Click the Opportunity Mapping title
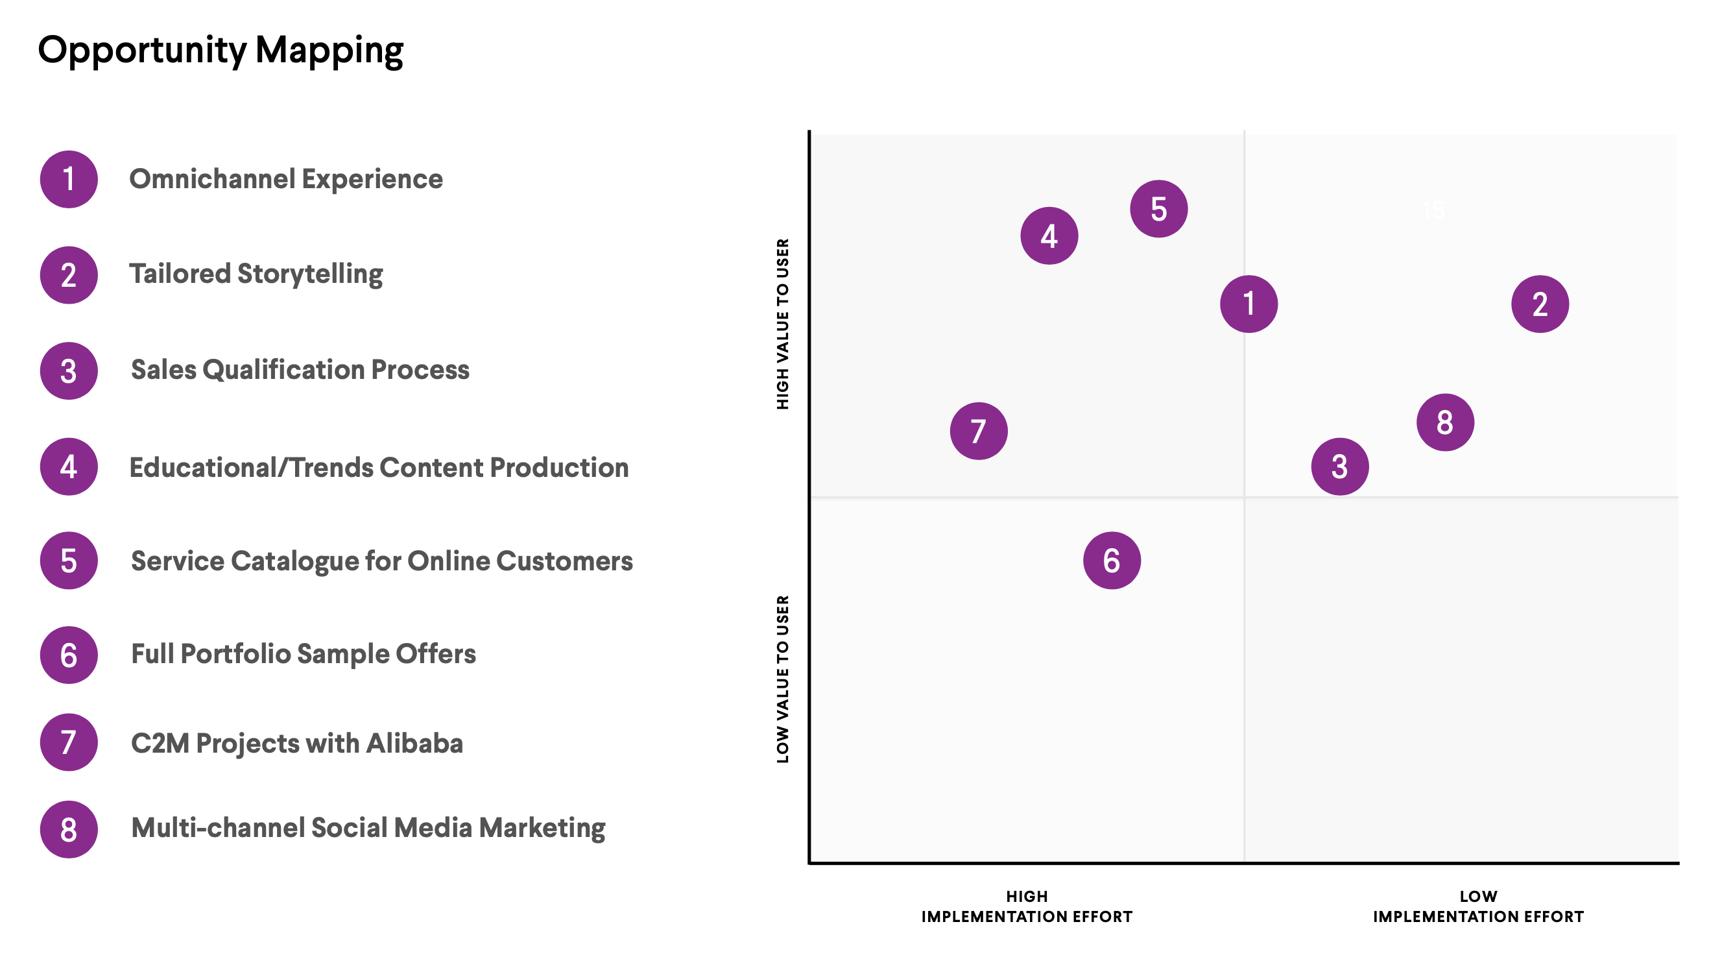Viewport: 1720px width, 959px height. pos(221,51)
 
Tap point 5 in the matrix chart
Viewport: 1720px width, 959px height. pos(1158,209)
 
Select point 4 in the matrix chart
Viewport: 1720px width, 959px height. pos(1049,236)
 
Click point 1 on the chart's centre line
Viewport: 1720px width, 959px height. pos(1248,304)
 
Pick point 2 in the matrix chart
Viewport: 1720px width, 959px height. pos(1540,304)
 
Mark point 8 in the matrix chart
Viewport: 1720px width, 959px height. pos(1445,422)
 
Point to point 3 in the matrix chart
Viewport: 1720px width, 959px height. pos(1339,466)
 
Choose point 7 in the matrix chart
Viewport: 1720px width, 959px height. pos(979,431)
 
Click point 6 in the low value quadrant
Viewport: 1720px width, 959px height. pos(1112,561)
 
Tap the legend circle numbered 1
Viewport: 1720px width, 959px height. pos(69,179)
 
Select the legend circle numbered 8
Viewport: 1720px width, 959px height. pos(69,829)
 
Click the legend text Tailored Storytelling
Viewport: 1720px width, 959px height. pos(256,274)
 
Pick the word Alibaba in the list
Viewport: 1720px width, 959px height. pos(414,743)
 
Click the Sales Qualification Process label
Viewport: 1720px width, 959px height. pos(300,370)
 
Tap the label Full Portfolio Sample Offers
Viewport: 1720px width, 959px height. pos(303,654)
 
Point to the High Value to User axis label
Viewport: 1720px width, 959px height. pos(783,324)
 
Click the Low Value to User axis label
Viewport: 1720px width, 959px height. pos(783,679)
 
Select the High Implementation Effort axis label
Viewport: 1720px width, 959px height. pos(1026,906)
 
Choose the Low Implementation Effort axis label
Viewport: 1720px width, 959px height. pos(1477,906)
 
